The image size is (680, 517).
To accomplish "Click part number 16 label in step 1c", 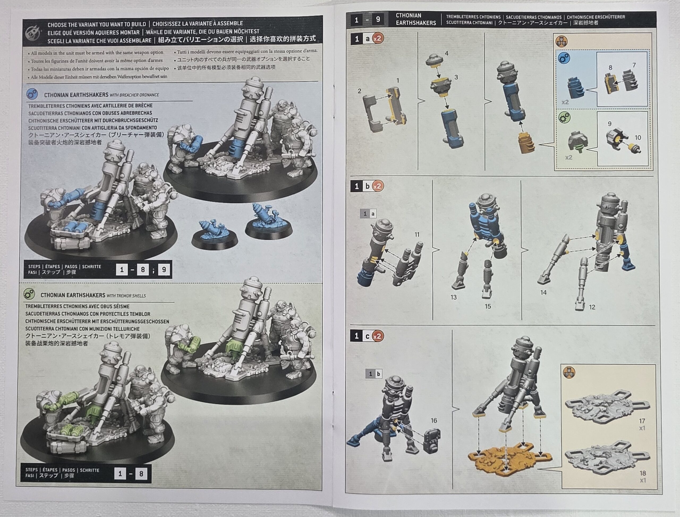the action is click(x=434, y=420).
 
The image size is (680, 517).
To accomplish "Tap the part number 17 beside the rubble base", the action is click(x=642, y=421).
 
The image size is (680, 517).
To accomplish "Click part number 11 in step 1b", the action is click(x=417, y=234).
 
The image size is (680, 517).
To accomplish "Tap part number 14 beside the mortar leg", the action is click(x=543, y=292).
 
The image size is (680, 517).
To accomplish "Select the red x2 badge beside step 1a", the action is click(x=377, y=39).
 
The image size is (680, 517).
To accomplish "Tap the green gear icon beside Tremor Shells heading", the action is click(x=29, y=294).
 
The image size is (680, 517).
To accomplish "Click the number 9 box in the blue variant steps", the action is click(x=164, y=270).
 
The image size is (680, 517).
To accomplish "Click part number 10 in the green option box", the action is click(x=638, y=138).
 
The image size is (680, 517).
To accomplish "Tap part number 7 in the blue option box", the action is click(x=634, y=65).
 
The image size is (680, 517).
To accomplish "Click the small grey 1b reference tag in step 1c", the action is click(x=374, y=374).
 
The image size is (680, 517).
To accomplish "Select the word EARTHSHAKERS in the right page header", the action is click(x=416, y=23).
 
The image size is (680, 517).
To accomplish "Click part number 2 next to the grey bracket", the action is click(x=360, y=91).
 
